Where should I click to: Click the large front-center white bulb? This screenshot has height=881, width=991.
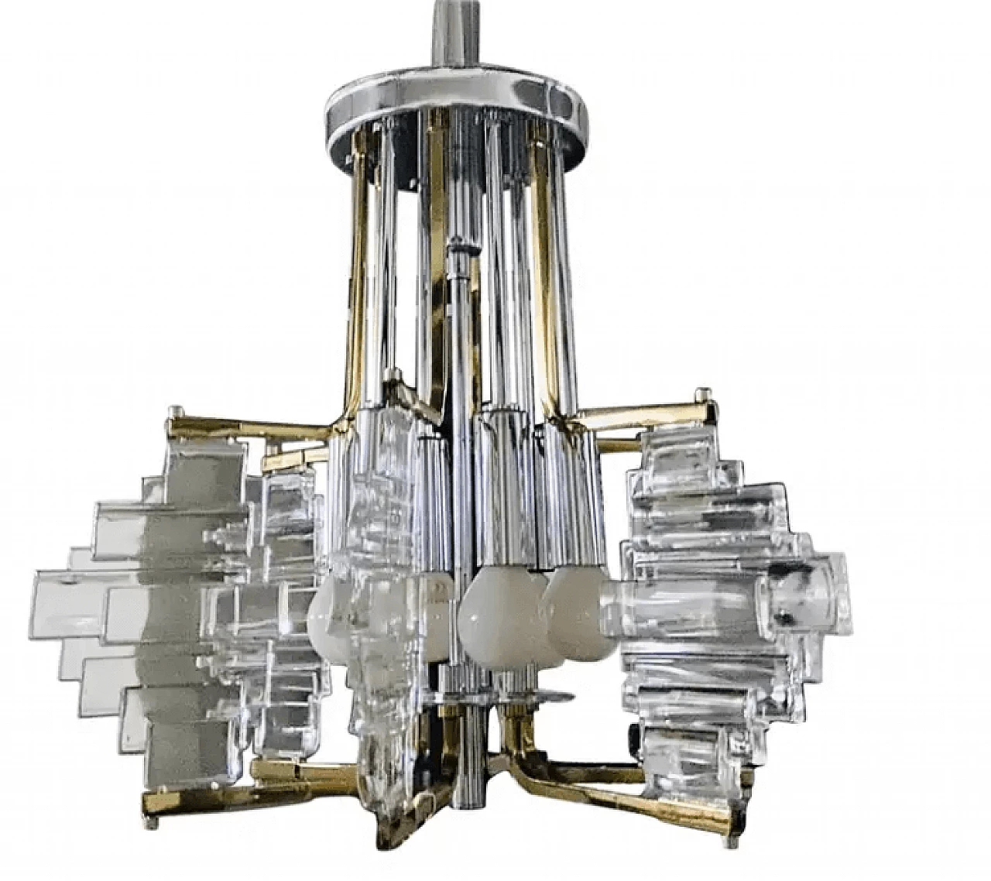coord(492,612)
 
